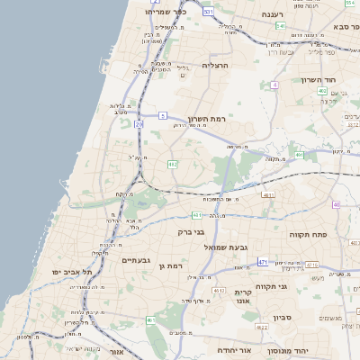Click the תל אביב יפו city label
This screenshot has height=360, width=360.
pos(55,271)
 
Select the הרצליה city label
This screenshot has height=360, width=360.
pos(216,66)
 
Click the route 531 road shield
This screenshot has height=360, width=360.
pos(208,12)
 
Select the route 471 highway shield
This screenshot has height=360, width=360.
pos(263,262)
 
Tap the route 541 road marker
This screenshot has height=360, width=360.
pos(280,26)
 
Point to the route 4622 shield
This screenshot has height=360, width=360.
pos(218,291)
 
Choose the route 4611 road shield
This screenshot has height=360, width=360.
pos(267,194)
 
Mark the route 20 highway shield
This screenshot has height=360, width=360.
pos(139,125)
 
